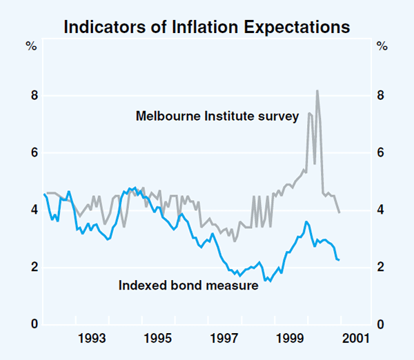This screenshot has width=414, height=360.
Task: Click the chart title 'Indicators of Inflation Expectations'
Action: (207, 28)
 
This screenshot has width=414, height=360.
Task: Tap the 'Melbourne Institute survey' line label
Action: (217, 116)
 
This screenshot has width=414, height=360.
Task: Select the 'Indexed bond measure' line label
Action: (188, 284)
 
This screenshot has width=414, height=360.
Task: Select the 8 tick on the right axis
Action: (381, 95)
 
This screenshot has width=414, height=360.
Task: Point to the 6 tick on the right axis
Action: (381, 152)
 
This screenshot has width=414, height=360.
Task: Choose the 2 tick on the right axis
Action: (381, 268)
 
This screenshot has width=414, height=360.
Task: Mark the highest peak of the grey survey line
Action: (317, 90)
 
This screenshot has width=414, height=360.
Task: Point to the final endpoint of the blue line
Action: (339, 260)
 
